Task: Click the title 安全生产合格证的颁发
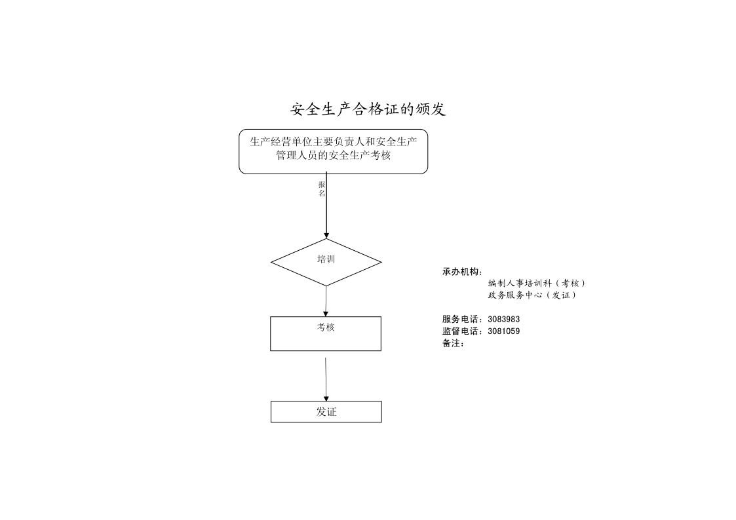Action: click(x=368, y=109)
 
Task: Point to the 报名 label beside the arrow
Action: click(x=322, y=189)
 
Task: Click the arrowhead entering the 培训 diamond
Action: click(x=326, y=235)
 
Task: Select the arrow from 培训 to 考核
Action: click(x=326, y=301)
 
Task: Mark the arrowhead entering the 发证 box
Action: click(x=326, y=399)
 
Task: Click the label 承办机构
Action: click(x=462, y=272)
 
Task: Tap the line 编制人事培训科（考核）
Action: click(x=537, y=283)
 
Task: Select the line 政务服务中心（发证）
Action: click(x=532, y=295)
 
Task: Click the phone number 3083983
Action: click(x=503, y=320)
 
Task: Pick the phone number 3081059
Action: click(x=503, y=331)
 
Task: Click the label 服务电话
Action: click(x=462, y=320)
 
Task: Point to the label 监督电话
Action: click(x=462, y=331)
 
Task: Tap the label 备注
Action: click(x=454, y=343)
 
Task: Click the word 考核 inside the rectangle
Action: click(x=326, y=327)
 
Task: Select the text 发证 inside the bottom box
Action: click(x=326, y=412)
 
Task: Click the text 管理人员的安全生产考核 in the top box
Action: click(x=334, y=155)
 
